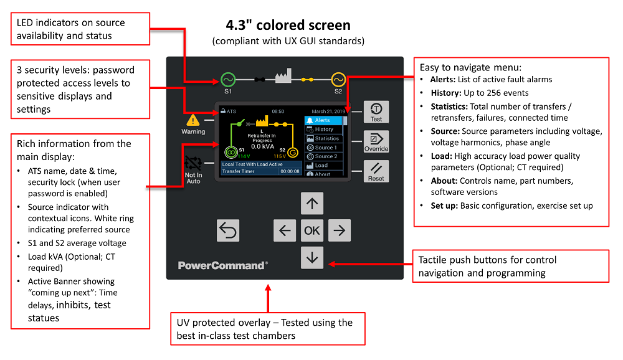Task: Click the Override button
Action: tap(376, 141)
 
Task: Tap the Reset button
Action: tap(376, 171)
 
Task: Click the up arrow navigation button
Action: tap(312, 203)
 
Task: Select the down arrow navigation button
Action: tap(312, 257)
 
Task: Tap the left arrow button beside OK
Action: tap(285, 230)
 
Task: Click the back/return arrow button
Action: tap(228, 230)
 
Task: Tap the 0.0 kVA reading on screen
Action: tap(263, 146)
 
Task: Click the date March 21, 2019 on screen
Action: tap(328, 111)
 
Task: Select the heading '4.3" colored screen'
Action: tap(288, 26)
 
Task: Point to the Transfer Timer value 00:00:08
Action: tap(290, 171)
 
